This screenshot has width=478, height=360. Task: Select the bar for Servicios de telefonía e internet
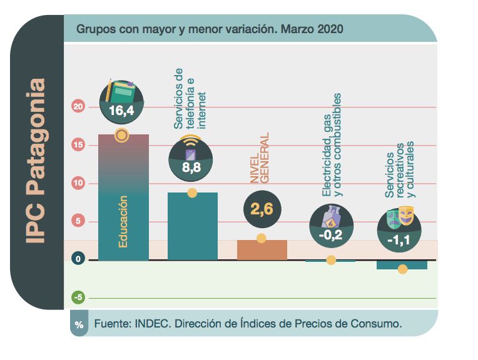coord(193,226)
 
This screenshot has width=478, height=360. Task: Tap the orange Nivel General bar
coord(262,250)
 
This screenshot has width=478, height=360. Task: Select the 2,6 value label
coord(262,210)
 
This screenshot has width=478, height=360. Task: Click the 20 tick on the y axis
coord(78,107)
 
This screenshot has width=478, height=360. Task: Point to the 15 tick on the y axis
coord(78,145)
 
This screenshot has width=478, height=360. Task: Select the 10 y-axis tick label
coord(78,183)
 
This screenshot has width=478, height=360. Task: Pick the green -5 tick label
coord(78,297)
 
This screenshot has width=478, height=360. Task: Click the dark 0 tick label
coord(78,259)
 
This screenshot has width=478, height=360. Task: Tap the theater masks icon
coord(400,216)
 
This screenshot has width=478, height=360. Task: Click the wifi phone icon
coord(191,147)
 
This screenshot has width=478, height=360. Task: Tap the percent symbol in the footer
coord(79,325)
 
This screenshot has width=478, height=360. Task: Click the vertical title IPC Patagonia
coord(37,161)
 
